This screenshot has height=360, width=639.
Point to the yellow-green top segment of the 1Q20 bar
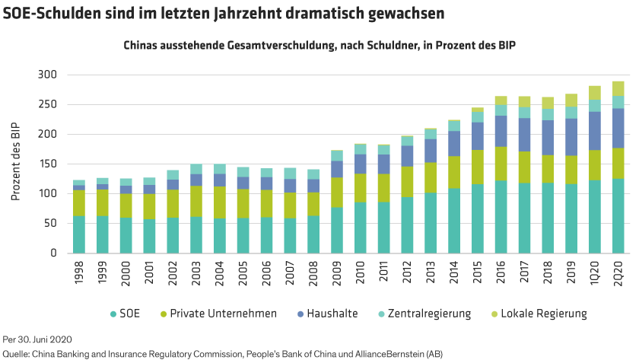[595, 92]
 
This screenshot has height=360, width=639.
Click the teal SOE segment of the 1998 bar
[79, 234]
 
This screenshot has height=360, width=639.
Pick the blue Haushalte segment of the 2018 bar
[548, 138]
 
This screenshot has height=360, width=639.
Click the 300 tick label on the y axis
[46, 75]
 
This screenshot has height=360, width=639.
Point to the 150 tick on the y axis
[46, 164]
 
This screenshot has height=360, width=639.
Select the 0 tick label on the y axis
[53, 253]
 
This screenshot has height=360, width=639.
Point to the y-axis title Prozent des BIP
[15, 164]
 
